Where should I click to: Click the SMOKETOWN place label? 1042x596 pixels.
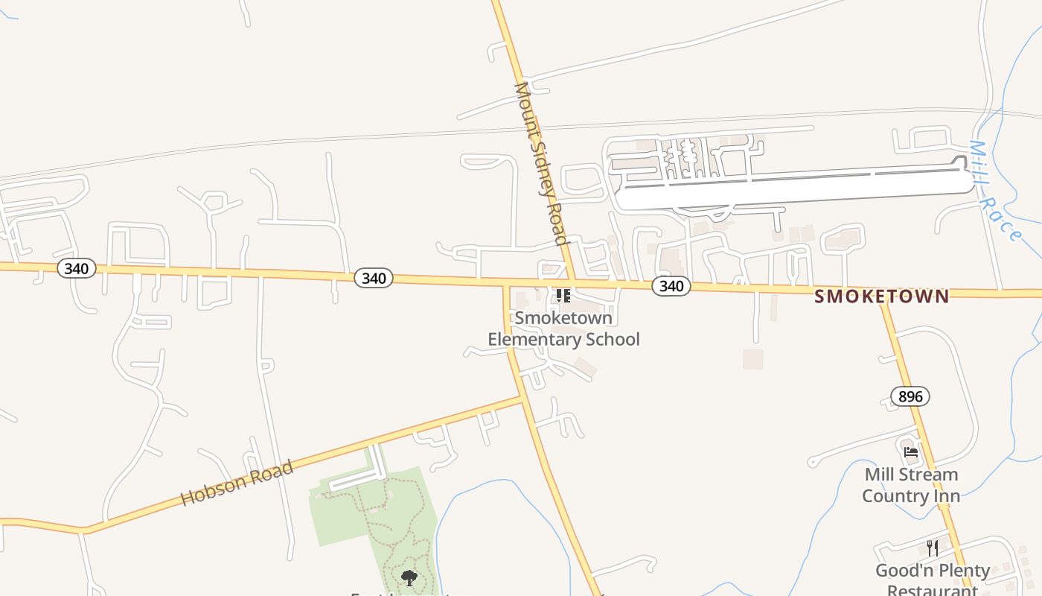881,297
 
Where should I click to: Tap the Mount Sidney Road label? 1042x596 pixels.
541,163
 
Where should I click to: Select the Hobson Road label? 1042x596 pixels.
237,484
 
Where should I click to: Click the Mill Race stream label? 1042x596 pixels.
994,191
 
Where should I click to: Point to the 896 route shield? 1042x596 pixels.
910,396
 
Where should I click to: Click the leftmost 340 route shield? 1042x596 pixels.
77,268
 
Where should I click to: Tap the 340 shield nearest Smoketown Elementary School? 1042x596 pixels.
671,286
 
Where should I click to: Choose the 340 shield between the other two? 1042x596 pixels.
374,278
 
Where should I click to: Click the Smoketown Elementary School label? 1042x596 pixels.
563,329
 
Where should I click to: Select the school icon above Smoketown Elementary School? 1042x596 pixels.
563,296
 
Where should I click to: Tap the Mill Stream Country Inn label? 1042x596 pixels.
911,485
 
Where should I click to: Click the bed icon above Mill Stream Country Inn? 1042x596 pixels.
910,451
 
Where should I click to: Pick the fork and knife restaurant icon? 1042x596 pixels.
933,548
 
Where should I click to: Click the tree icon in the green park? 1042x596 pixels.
409,577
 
